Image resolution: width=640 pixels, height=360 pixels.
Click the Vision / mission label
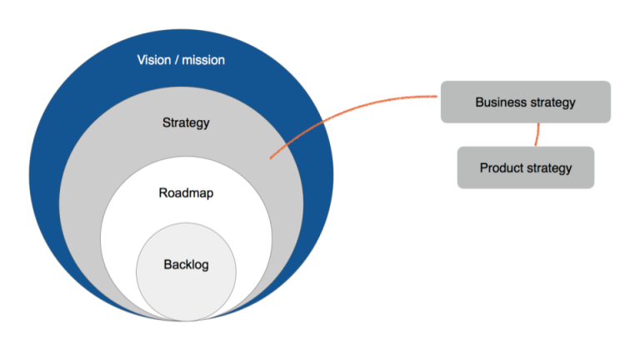[x=181, y=60]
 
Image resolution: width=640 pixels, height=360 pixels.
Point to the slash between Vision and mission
[x=177, y=60]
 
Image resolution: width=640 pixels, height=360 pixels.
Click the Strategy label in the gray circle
[x=186, y=123]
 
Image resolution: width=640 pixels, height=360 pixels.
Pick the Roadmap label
[x=186, y=193]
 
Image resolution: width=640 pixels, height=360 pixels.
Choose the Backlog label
[x=186, y=265]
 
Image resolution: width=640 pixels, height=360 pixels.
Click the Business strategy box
[x=525, y=102]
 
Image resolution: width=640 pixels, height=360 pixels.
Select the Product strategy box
[x=525, y=167]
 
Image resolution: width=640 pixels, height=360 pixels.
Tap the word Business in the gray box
[x=502, y=102]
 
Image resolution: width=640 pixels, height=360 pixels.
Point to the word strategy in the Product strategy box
[x=550, y=167]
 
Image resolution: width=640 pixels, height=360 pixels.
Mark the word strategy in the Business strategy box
[x=552, y=102]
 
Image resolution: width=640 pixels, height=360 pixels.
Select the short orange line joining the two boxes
[x=537, y=134]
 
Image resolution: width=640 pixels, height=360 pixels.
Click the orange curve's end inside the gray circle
[x=271, y=157]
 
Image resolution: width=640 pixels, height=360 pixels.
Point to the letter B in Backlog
[x=167, y=265]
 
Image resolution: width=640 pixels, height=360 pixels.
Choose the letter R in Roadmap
[x=162, y=193]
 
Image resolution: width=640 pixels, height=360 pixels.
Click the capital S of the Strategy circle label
[x=166, y=123]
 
